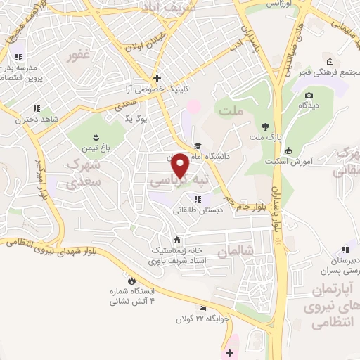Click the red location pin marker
(181, 165)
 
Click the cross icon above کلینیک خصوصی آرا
(157, 78)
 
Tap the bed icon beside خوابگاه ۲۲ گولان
(202, 308)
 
